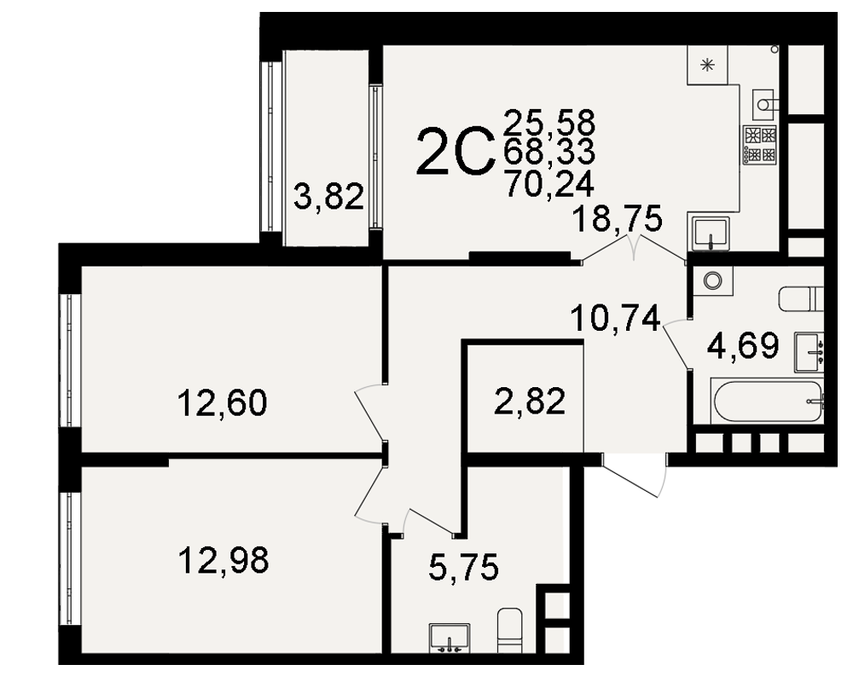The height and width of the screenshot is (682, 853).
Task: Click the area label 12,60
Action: pyautogui.click(x=223, y=403)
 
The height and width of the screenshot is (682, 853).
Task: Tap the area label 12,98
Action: pyautogui.click(x=223, y=561)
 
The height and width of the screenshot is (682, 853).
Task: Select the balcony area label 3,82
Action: pyautogui.click(x=328, y=197)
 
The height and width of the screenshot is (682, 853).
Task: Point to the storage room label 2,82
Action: pyautogui.click(x=530, y=402)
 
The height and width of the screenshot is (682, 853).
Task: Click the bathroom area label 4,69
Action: pyautogui.click(x=743, y=344)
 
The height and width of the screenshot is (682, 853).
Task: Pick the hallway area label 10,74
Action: pyautogui.click(x=616, y=318)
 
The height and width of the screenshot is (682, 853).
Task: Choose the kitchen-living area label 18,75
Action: pyautogui.click(x=618, y=218)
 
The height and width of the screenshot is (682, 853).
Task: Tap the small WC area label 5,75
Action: pyautogui.click(x=463, y=567)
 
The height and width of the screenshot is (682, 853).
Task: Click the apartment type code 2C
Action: pyautogui.click(x=456, y=152)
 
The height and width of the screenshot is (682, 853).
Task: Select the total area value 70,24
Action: pyautogui.click(x=549, y=183)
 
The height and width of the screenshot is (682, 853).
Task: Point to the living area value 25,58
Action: pyautogui.click(x=549, y=123)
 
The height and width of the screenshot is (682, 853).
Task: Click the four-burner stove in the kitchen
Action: pyautogui.click(x=760, y=145)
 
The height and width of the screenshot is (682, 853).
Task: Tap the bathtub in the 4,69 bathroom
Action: pyautogui.click(x=767, y=402)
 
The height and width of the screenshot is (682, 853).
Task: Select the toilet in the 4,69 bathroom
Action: pyautogui.click(x=801, y=298)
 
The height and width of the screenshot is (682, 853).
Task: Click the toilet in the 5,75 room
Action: pyautogui.click(x=510, y=630)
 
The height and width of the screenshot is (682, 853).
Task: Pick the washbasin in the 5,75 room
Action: pyautogui.click(x=450, y=638)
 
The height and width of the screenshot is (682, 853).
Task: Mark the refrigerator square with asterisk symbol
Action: pyautogui.click(x=707, y=66)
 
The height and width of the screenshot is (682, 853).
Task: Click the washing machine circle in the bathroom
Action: pyautogui.click(x=712, y=280)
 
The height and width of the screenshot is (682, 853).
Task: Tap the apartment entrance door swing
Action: pyautogui.click(x=635, y=475)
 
